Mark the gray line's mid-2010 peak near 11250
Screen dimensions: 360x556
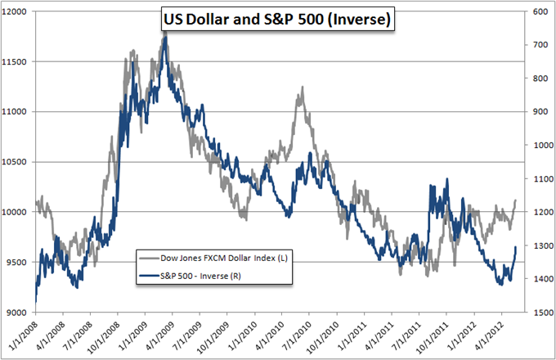click(303, 87)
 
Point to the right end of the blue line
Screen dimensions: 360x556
click(516, 247)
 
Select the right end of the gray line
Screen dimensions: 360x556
click(516, 200)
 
